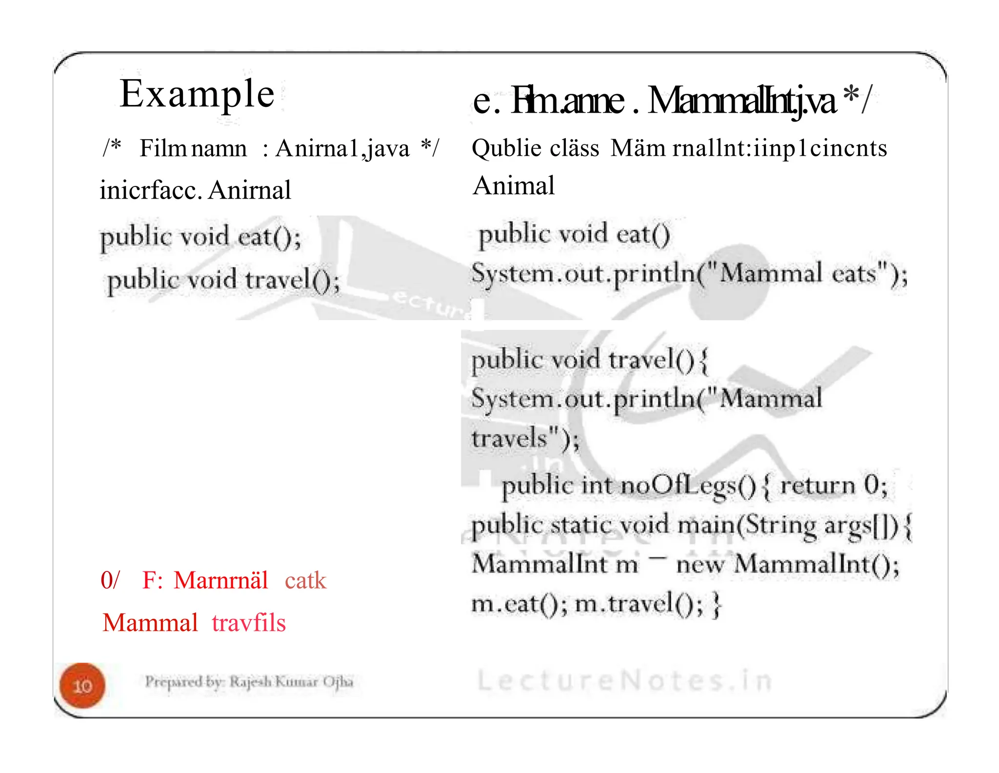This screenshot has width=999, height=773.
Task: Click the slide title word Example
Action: click(x=197, y=94)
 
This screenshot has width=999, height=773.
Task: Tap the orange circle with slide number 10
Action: click(x=82, y=686)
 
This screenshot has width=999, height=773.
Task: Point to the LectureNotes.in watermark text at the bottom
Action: click(x=624, y=680)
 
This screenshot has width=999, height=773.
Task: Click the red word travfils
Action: click(x=249, y=623)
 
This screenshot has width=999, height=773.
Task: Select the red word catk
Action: click(x=305, y=580)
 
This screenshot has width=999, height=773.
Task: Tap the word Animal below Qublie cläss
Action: click(x=514, y=185)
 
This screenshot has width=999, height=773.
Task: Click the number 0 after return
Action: click(x=871, y=485)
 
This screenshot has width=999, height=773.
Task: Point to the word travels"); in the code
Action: click(x=525, y=438)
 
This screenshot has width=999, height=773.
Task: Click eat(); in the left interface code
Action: click(x=269, y=238)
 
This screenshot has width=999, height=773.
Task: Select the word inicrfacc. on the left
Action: click(x=150, y=190)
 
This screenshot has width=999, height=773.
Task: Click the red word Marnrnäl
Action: click(x=220, y=580)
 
